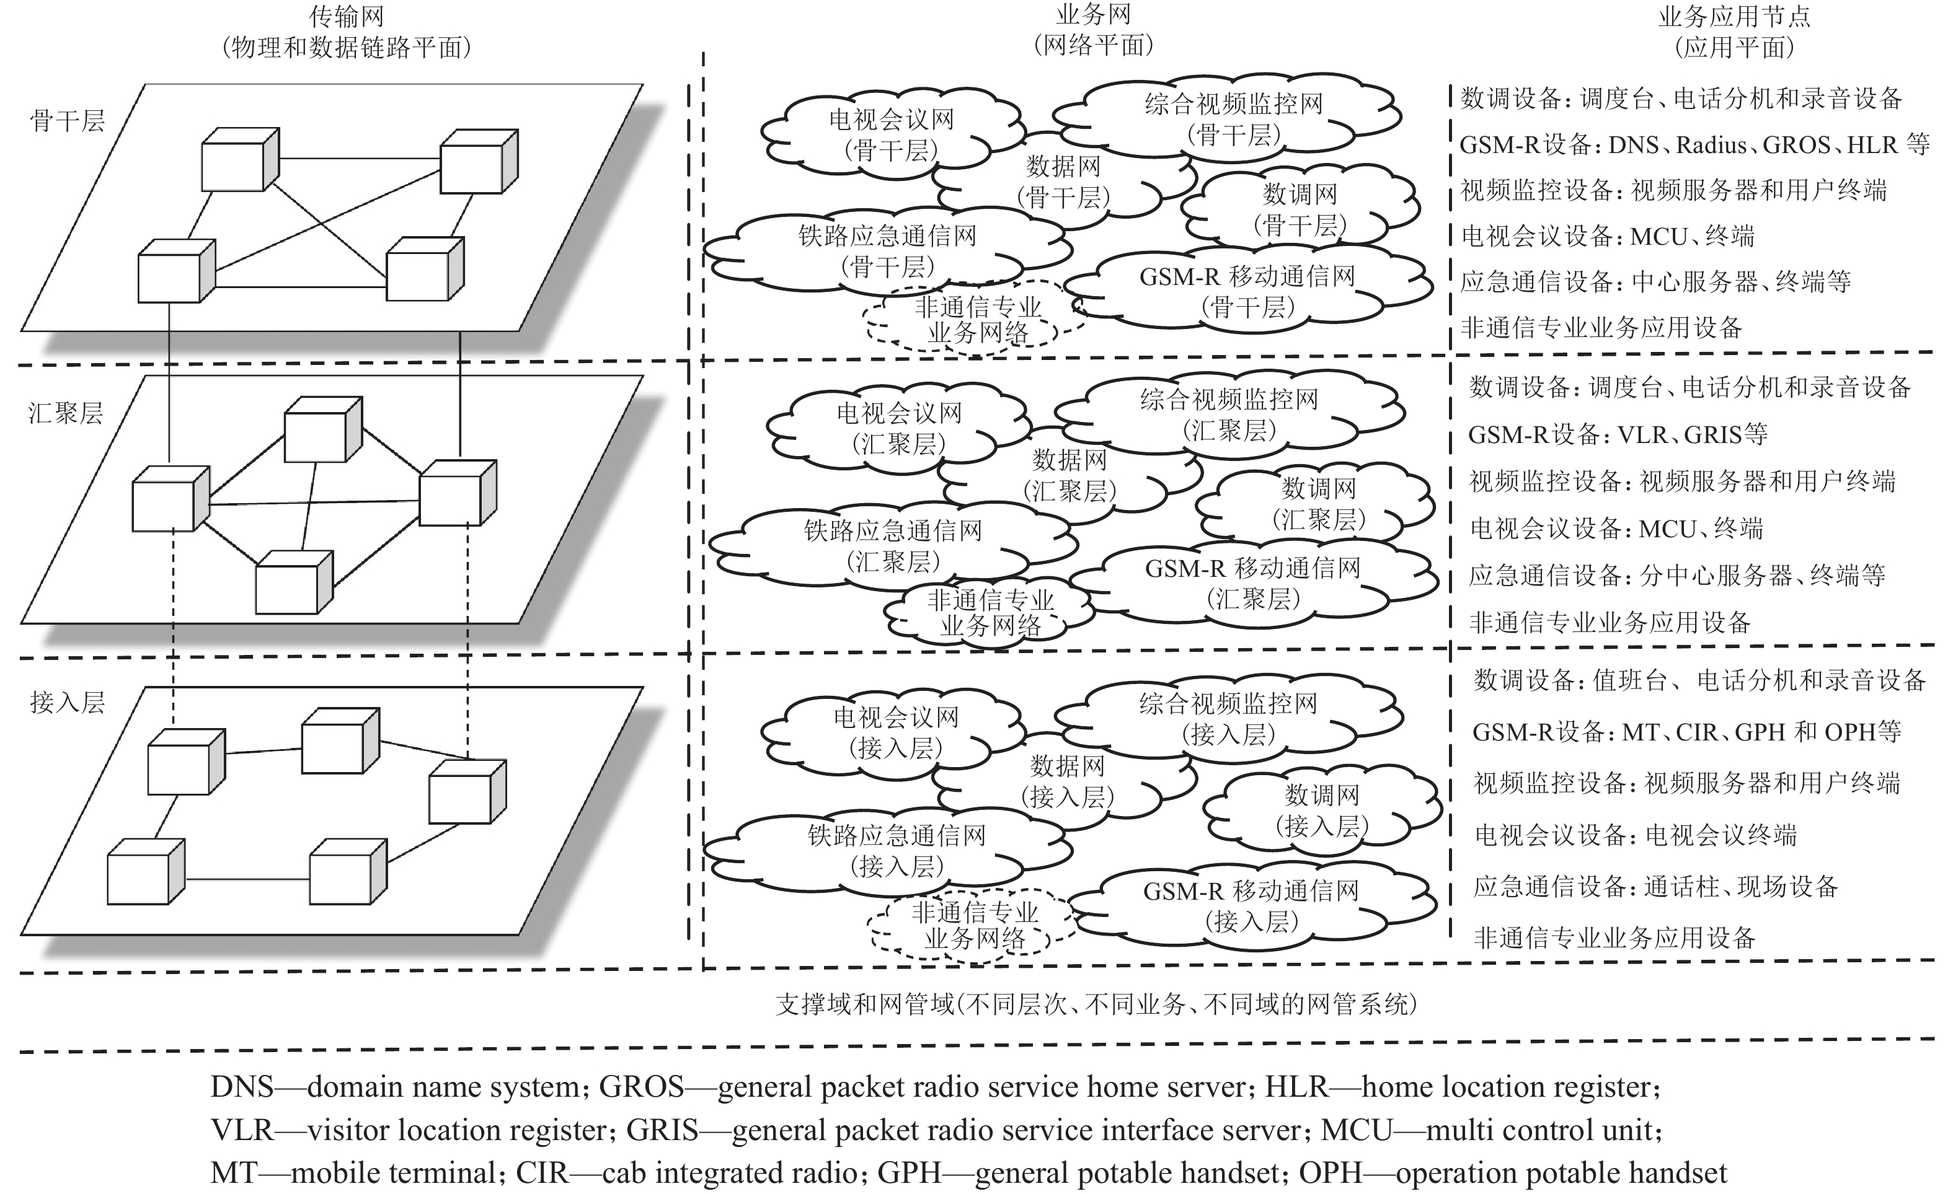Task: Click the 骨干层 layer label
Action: click(68, 121)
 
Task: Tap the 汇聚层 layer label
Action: click(66, 413)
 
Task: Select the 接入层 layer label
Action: click(68, 702)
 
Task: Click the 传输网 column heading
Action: click(347, 16)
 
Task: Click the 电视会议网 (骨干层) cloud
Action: click(891, 134)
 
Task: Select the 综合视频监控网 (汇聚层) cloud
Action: click(1229, 415)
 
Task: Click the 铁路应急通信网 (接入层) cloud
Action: click(896, 850)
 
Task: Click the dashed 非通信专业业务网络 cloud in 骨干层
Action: click(977, 319)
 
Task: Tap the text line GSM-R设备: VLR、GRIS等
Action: click(1617, 434)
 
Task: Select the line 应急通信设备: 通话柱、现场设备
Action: click(1655, 886)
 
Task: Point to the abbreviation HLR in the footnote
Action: click(1296, 1087)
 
